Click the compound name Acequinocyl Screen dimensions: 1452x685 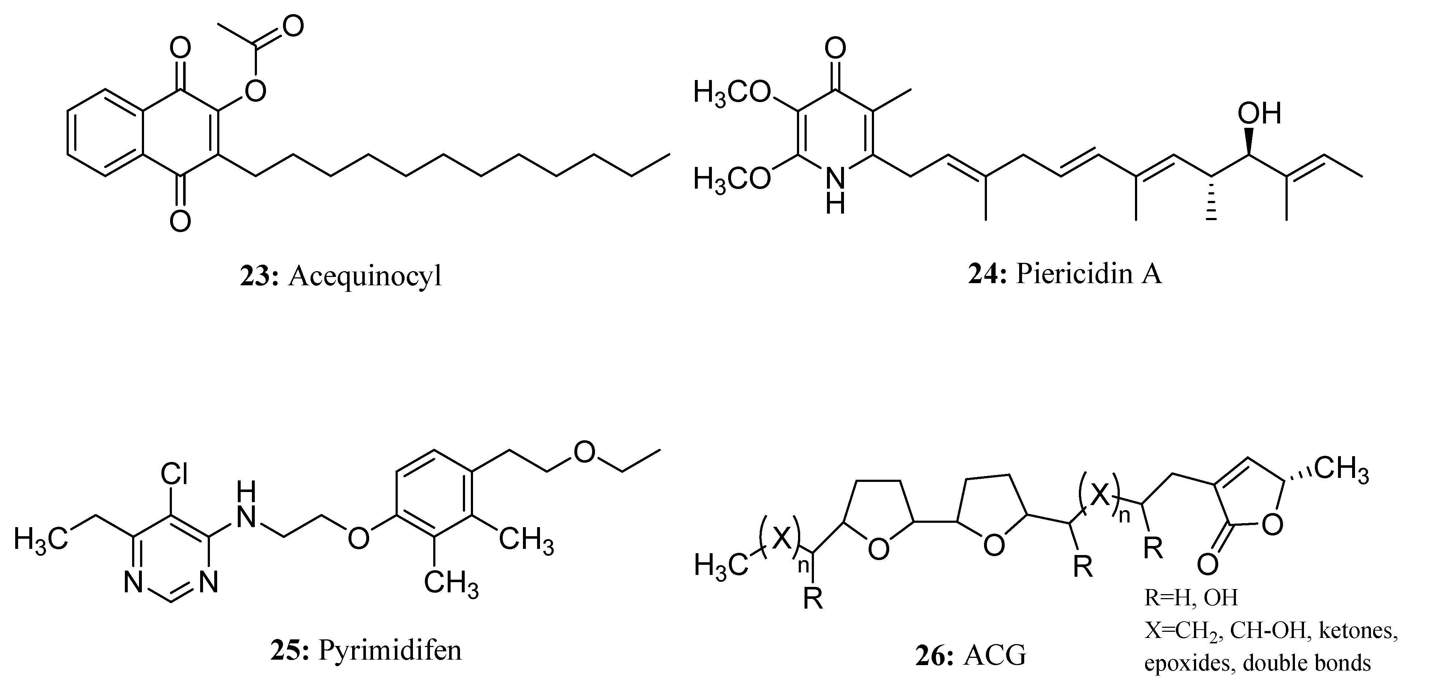(x=365, y=276)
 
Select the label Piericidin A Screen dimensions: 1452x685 (x=1088, y=274)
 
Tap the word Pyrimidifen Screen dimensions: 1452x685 (x=389, y=650)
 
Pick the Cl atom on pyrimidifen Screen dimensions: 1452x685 (x=174, y=475)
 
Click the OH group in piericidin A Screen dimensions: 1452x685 (x=1259, y=113)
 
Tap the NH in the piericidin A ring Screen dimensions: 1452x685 (x=835, y=190)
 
